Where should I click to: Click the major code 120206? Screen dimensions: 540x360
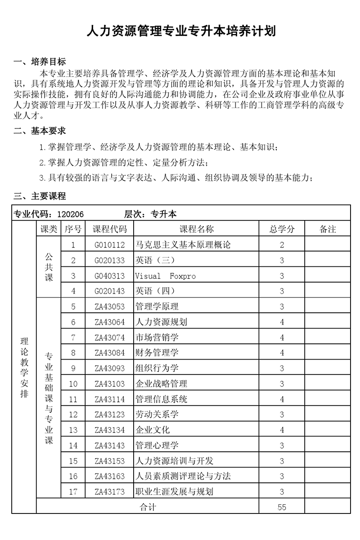pyautogui.click(x=70, y=214)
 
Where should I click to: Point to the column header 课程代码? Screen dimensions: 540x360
pyautogui.click(x=110, y=229)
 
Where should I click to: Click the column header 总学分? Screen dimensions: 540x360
pyautogui.click(x=282, y=229)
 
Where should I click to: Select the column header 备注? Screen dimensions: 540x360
pyautogui.click(x=328, y=229)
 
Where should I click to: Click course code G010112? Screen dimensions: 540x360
pyautogui.click(x=110, y=245)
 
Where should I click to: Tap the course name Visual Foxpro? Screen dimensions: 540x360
pyautogui.click(x=165, y=276)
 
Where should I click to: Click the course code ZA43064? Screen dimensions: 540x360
pyautogui.click(x=110, y=322)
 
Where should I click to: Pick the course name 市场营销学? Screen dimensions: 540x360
pyautogui.click(x=157, y=337)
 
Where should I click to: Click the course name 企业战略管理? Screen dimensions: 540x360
pyautogui.click(x=161, y=384)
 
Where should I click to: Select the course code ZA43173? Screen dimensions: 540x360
pyautogui.click(x=110, y=491)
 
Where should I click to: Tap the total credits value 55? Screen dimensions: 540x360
pyautogui.click(x=282, y=507)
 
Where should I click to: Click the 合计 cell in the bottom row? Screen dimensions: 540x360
pyautogui.click(x=148, y=507)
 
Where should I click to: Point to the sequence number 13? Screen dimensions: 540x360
pyautogui.click(x=73, y=430)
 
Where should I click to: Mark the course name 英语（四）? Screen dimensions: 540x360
pyautogui.click(x=155, y=291)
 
